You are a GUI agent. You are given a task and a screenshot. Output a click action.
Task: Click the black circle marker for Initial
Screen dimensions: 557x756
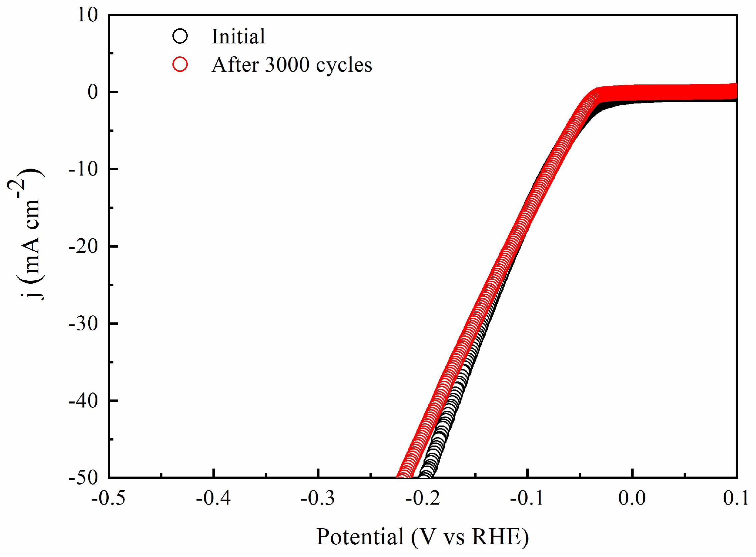[x=180, y=36]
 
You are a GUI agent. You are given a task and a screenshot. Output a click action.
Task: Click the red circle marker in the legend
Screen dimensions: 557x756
[x=180, y=64]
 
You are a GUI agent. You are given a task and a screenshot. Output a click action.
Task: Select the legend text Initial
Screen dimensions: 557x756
[x=238, y=36]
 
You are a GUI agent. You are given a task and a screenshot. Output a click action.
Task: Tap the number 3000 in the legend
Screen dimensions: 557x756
[x=287, y=65]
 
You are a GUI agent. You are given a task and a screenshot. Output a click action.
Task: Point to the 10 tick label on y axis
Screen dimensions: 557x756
[x=88, y=15]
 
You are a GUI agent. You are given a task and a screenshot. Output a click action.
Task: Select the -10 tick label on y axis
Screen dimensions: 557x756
[x=83, y=169]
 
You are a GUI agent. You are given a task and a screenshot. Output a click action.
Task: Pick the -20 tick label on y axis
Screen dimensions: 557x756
[x=83, y=247]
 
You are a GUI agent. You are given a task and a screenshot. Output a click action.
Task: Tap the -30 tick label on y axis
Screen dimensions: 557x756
[x=83, y=324]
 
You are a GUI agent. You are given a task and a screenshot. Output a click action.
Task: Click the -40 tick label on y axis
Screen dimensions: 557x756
[x=83, y=401]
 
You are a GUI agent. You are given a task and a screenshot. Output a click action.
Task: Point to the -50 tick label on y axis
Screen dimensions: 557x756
[x=83, y=478]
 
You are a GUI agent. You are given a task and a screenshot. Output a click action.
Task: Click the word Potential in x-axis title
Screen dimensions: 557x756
[x=360, y=537]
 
